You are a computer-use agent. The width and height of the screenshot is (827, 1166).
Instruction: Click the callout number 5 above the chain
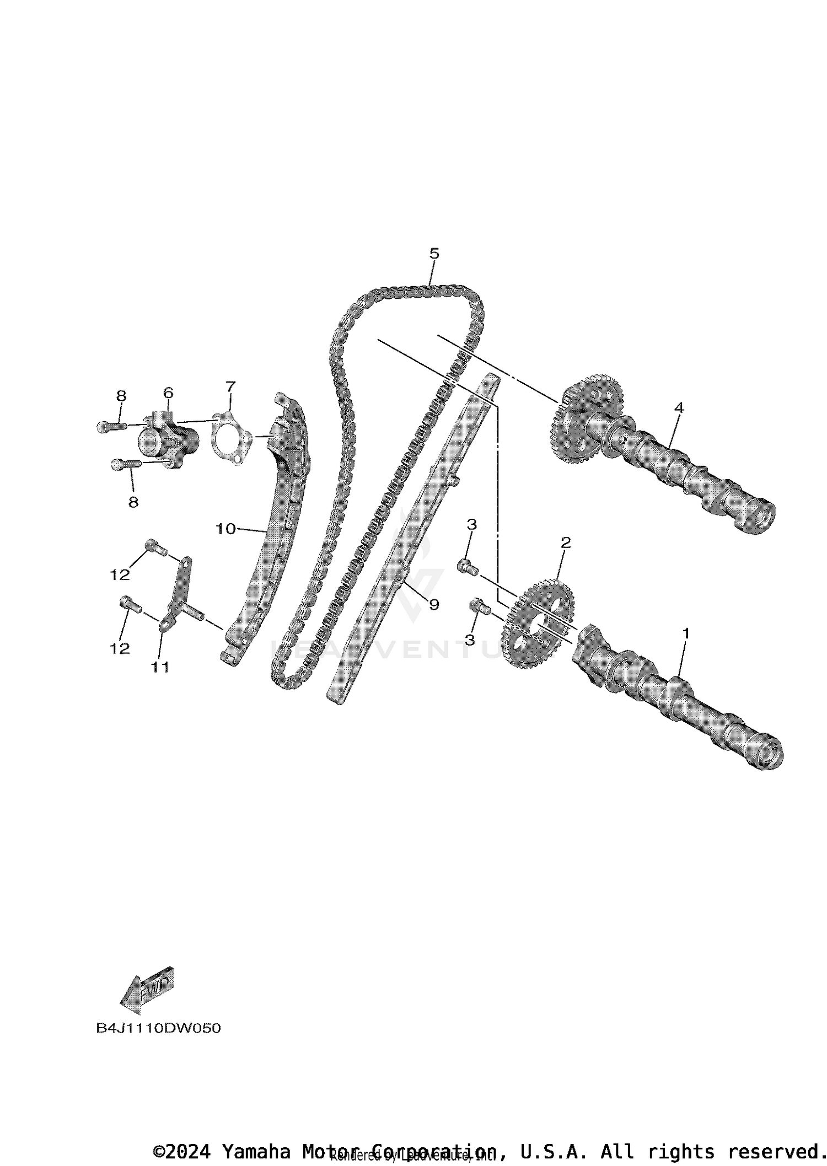[x=434, y=254]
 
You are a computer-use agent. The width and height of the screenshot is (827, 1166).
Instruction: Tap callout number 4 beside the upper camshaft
[x=679, y=408]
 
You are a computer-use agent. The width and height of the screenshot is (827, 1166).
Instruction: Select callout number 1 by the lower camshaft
[x=686, y=634]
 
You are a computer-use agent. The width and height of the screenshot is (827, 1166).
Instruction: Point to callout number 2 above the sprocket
[x=565, y=542]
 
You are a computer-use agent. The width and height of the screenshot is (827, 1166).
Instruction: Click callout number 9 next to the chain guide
[x=434, y=605]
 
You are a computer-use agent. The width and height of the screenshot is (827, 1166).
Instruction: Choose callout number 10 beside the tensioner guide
[x=225, y=529]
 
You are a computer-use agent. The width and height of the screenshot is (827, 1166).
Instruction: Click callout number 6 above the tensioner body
[x=168, y=393]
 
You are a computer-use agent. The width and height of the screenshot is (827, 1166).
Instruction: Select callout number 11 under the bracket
[x=160, y=667]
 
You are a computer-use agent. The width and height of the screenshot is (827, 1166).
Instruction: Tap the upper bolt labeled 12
[x=156, y=547]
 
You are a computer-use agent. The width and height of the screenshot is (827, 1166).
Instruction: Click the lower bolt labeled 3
[x=480, y=608]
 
